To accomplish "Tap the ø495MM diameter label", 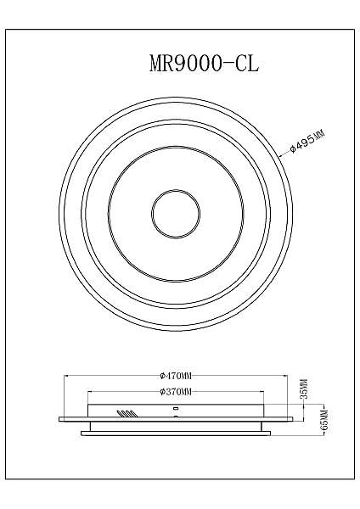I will click(307, 138).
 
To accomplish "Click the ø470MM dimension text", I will click(176, 375).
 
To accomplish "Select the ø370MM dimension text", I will click(176, 391).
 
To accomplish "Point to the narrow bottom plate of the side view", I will click(176, 433).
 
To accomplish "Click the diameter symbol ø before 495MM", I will click(292, 149).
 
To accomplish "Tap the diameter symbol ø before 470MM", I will click(161, 375).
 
